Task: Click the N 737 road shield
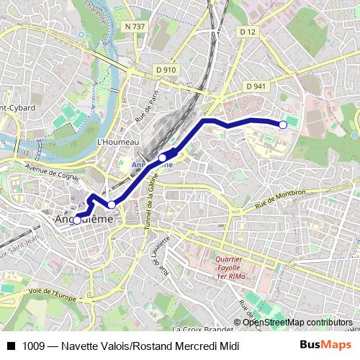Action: [135, 27]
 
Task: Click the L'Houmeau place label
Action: [117, 143]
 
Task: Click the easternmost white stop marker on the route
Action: [283, 125]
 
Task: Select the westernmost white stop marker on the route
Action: [77, 220]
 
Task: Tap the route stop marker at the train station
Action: [163, 157]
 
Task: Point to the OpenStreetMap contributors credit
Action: [297, 322]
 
